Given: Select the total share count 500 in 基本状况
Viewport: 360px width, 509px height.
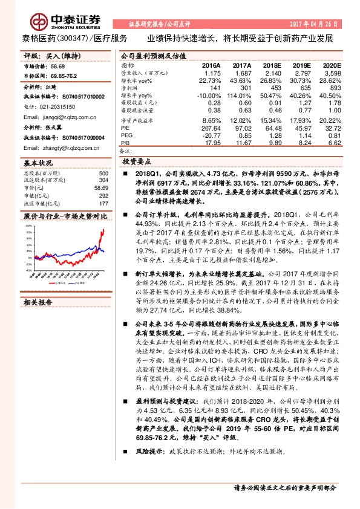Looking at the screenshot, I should tap(103, 173).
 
